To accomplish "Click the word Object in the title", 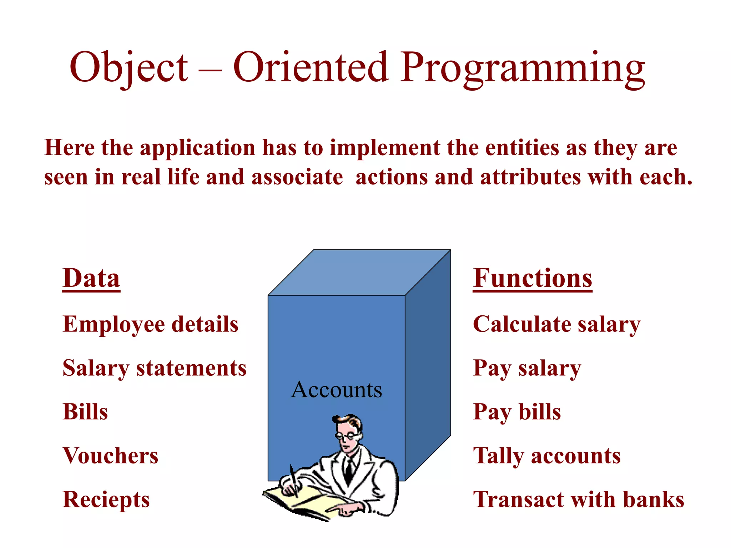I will tap(128, 68).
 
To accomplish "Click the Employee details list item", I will tap(150, 324).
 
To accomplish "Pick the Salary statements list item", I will tap(155, 368).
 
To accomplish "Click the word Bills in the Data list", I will tap(85, 412).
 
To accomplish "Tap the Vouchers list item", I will tap(110, 456).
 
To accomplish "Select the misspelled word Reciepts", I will tap(106, 499).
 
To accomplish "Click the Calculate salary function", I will tap(556, 324).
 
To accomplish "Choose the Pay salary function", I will tap(527, 368).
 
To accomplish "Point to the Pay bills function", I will tap(516, 412).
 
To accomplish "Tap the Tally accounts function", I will tap(546, 456).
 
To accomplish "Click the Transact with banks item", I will tap(578, 499).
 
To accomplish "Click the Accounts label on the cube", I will tap(336, 390).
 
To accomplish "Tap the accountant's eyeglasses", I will tap(346, 435).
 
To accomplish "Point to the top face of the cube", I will tap(359, 272).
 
